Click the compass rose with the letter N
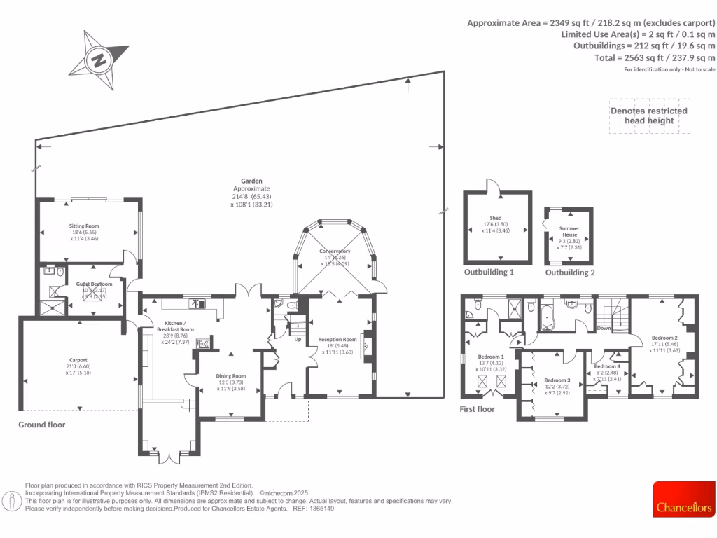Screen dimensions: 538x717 click(x=99, y=60)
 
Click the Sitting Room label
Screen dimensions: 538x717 click(x=84, y=226)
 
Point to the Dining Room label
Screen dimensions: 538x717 click(x=231, y=375)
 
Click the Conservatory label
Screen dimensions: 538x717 click(x=335, y=251)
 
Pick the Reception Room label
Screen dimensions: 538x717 click(x=337, y=340)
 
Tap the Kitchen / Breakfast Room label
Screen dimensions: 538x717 click(x=175, y=326)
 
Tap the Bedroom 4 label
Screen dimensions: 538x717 click(x=606, y=366)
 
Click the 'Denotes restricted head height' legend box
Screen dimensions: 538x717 click(x=648, y=116)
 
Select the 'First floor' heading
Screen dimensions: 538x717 click(x=478, y=409)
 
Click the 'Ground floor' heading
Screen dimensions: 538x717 click(x=41, y=425)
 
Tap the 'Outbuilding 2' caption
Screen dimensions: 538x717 click(x=570, y=273)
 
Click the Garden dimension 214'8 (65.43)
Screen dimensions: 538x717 click(x=251, y=197)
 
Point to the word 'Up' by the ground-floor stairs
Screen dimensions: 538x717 click(x=298, y=339)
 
